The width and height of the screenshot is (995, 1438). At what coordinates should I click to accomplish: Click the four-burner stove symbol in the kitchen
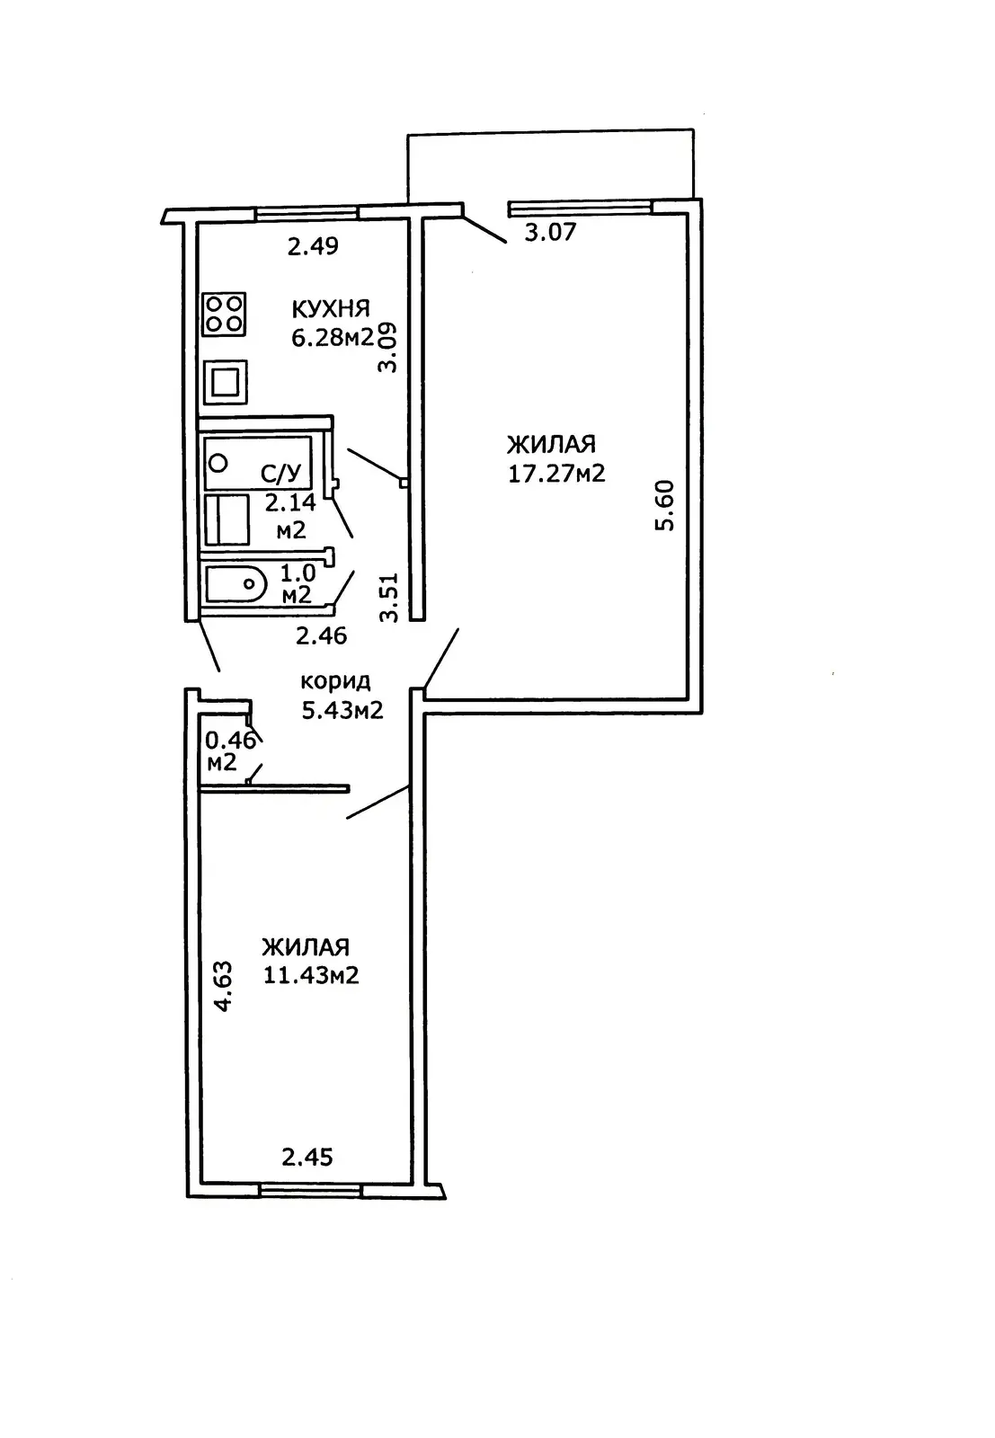click(x=225, y=315)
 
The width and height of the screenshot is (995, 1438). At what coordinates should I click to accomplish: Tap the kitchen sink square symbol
click(x=226, y=382)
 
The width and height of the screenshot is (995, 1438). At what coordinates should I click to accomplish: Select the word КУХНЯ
click(x=330, y=309)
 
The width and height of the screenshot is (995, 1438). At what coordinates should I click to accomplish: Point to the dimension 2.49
click(x=313, y=246)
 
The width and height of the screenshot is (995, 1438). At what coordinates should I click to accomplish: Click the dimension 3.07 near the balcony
click(x=550, y=233)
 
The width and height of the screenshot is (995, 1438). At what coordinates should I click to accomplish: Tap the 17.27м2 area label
click(x=556, y=473)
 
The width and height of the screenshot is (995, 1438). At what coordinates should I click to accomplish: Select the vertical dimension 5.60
click(x=664, y=506)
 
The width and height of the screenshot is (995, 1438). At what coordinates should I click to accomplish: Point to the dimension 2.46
click(x=321, y=636)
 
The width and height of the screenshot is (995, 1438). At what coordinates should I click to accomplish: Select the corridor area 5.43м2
click(x=341, y=710)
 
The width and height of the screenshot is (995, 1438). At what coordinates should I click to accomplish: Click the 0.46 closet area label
click(x=231, y=741)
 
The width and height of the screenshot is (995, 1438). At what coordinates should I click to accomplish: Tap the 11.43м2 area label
click(x=311, y=974)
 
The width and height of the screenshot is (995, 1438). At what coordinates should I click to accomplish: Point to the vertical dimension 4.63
click(x=223, y=987)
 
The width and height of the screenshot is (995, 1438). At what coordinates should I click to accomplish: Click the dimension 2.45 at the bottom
click(x=307, y=1157)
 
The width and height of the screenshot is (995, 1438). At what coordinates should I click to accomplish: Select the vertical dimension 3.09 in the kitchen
click(x=388, y=348)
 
